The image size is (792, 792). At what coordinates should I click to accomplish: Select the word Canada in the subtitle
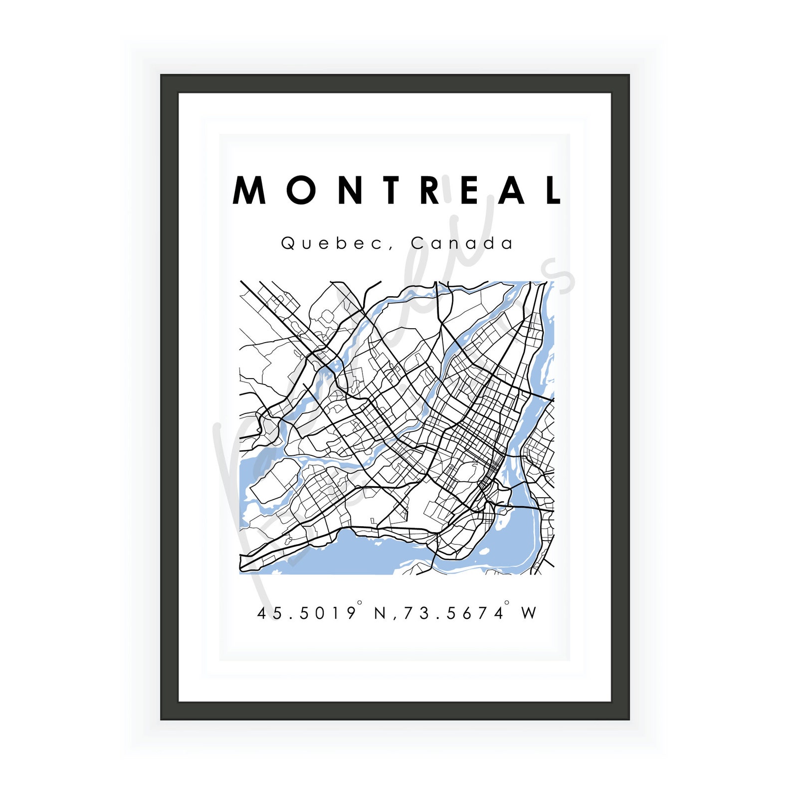(461, 243)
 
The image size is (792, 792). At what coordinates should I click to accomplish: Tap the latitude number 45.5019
(306, 613)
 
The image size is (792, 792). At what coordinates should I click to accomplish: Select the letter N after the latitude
(381, 613)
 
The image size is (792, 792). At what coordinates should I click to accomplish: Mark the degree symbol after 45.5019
(360, 603)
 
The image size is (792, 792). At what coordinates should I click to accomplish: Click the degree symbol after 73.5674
(507, 603)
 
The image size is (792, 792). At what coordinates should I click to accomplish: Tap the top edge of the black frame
(395, 84)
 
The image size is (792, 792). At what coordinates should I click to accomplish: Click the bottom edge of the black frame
(395, 711)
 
